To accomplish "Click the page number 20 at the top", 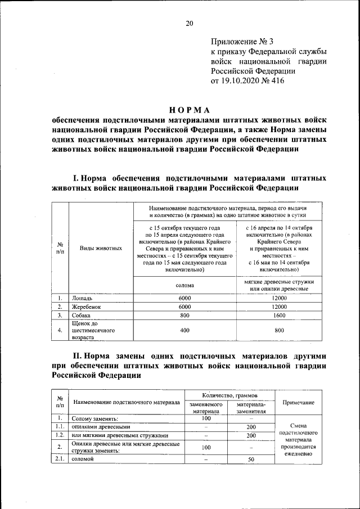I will pyautogui.click(x=190, y=23).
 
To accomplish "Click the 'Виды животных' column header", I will pyautogui.click(x=101, y=247).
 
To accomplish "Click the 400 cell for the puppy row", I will pyautogui.click(x=185, y=331).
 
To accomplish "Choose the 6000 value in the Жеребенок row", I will pyautogui.click(x=185, y=307).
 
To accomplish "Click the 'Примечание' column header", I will pyautogui.click(x=298, y=403).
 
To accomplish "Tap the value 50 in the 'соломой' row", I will pyautogui.click(x=251, y=460).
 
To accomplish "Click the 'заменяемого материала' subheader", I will pyautogui.click(x=206, y=407).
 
